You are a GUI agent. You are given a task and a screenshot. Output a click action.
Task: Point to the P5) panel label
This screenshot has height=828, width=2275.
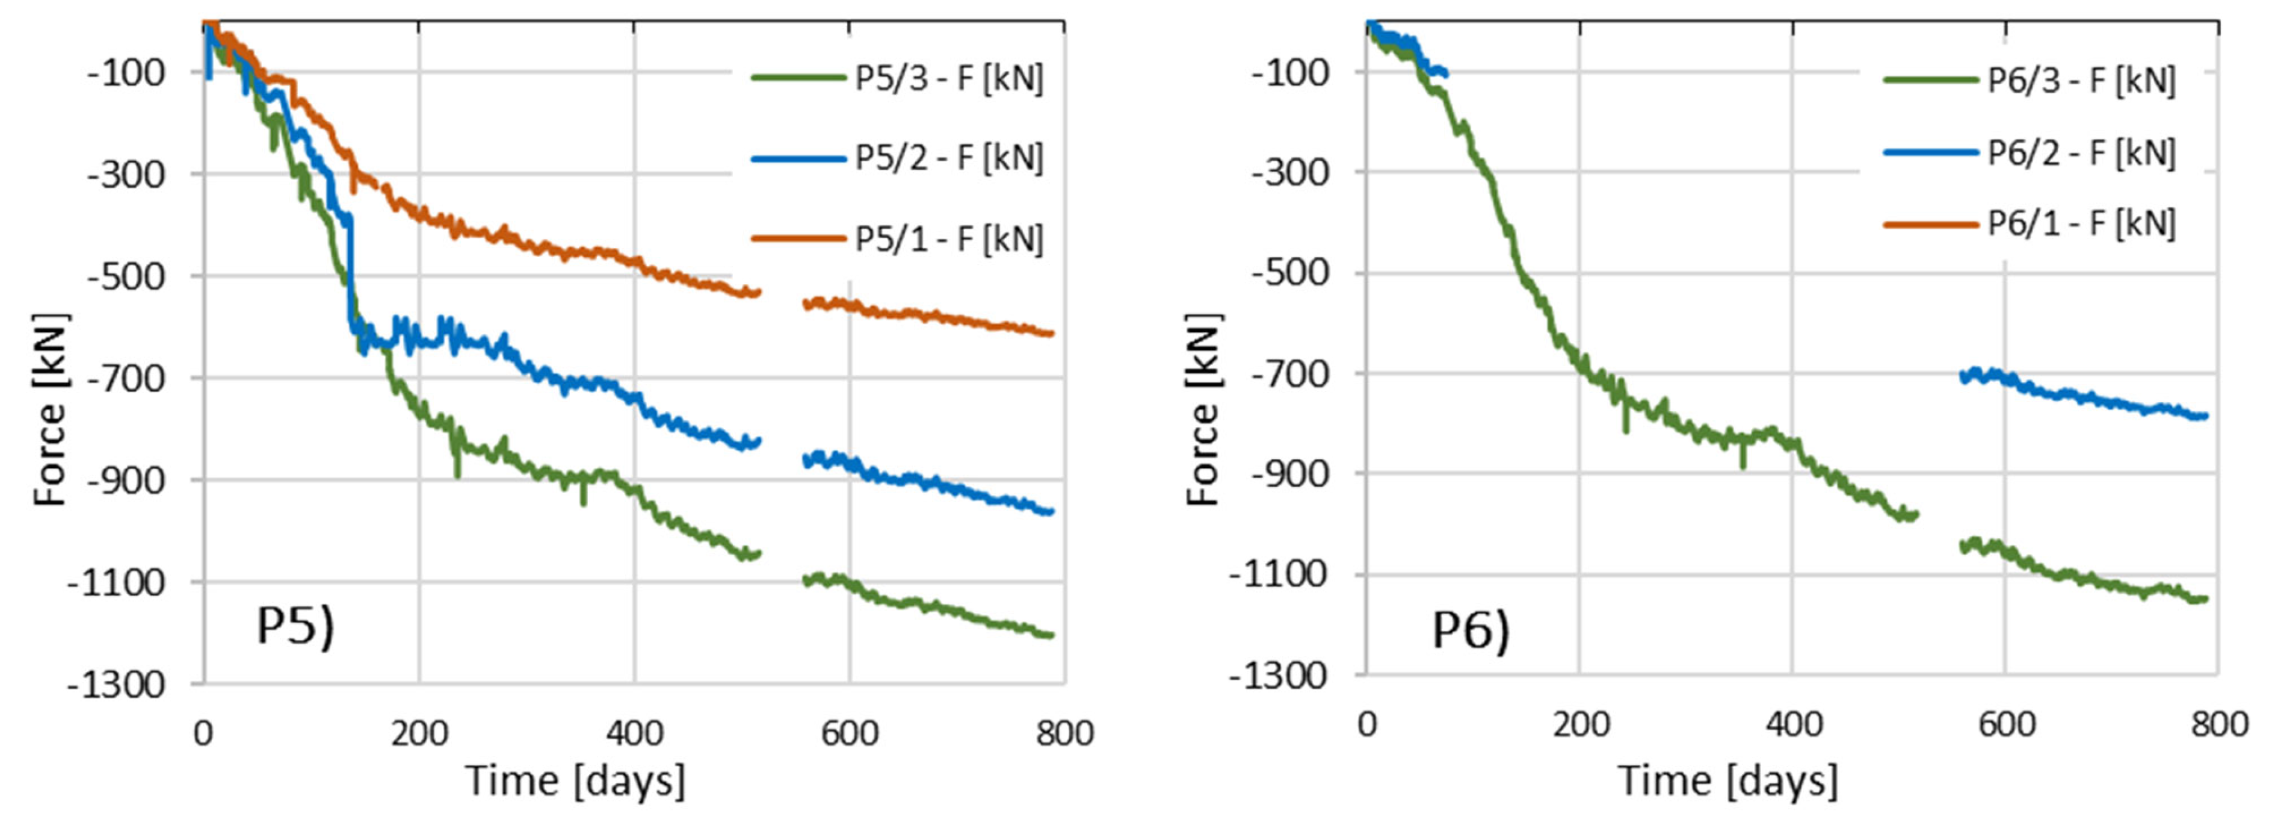295,626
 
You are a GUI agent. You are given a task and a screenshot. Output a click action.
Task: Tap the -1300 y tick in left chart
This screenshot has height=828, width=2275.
116,685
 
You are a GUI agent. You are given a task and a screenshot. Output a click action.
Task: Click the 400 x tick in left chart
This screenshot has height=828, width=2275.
634,733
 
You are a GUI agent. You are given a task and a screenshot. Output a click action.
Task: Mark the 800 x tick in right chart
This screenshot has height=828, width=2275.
2218,724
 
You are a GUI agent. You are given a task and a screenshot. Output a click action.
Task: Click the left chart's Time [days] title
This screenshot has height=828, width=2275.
575,781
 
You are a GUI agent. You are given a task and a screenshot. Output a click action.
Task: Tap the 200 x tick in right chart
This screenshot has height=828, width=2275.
1580,724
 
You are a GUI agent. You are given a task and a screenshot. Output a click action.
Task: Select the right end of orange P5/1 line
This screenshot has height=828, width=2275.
1051,333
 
